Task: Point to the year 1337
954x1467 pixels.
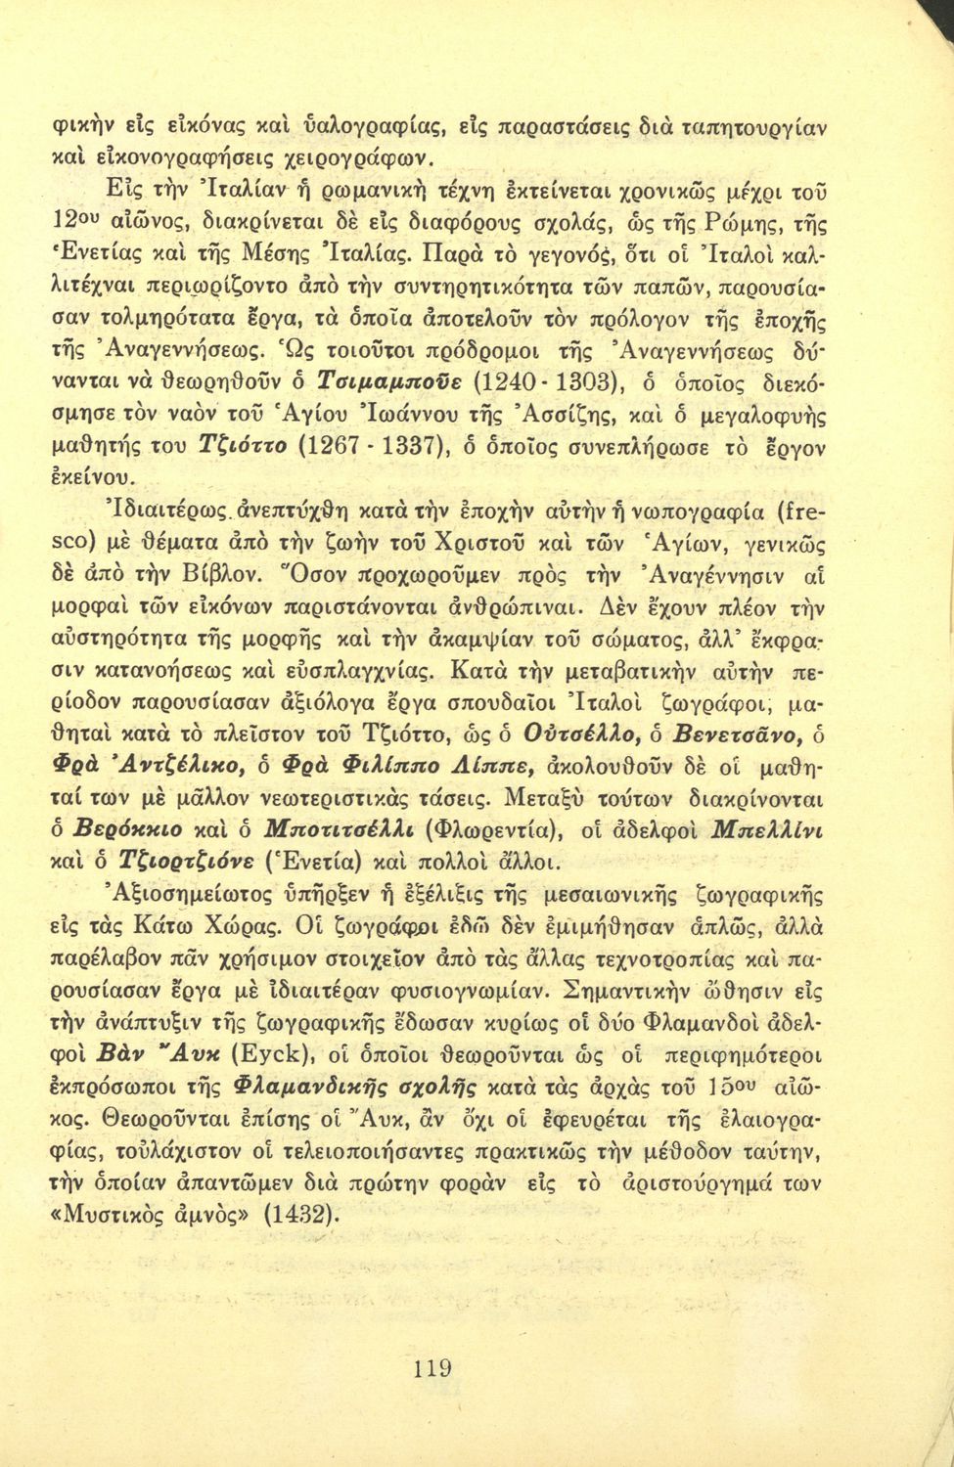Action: coord(412,447)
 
